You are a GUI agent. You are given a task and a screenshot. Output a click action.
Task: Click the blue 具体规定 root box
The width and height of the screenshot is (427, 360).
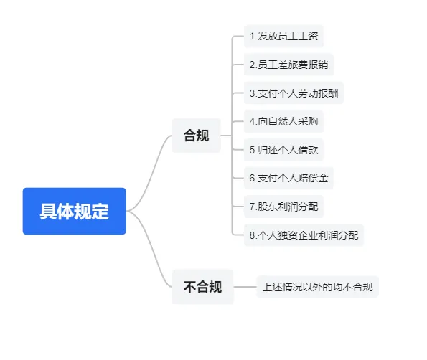[x=75, y=211]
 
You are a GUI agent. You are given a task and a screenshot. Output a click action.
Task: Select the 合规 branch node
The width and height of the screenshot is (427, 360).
[x=197, y=136]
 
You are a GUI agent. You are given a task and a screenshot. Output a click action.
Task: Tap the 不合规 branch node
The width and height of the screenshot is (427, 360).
[x=202, y=287]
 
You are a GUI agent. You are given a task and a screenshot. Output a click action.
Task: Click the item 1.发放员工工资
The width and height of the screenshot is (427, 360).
[x=283, y=36]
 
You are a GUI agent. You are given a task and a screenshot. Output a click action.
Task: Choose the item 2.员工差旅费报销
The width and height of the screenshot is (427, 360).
[x=288, y=65]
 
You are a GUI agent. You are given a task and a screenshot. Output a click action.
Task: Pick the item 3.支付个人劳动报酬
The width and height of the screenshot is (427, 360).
[x=294, y=93]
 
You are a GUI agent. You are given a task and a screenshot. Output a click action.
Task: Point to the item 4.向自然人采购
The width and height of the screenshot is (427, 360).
[x=283, y=121]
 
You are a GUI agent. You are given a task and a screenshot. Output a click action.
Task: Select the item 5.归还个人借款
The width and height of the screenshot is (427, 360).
[x=283, y=150]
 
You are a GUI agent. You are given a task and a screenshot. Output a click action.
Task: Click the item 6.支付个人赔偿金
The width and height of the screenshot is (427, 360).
[x=288, y=178]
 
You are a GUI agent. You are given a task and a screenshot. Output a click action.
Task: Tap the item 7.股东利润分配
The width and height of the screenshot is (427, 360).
[x=283, y=207]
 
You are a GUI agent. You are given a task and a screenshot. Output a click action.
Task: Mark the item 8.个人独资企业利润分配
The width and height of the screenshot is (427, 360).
[x=304, y=235]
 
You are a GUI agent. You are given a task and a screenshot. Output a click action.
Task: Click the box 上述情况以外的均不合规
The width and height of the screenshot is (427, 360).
[x=317, y=287]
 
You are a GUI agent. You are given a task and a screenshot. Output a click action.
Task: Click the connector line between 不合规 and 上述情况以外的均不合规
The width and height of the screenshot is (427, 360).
[x=245, y=287]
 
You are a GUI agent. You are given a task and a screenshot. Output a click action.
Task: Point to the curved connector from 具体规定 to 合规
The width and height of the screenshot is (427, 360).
[x=149, y=173]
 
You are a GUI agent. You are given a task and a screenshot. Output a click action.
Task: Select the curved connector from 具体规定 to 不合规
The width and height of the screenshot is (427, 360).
[x=149, y=249]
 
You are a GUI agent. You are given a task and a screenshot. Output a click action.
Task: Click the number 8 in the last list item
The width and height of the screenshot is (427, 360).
[x=252, y=235]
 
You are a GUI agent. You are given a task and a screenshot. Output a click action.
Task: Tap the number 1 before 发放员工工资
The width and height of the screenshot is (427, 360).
[x=252, y=36]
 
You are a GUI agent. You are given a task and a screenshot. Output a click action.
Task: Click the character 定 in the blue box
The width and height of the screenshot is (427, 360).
[x=100, y=212]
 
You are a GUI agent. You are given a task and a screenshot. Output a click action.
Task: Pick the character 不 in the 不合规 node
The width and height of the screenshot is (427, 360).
[x=189, y=287]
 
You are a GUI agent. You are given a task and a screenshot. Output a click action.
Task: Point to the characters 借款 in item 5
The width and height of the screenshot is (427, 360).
[x=308, y=150]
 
